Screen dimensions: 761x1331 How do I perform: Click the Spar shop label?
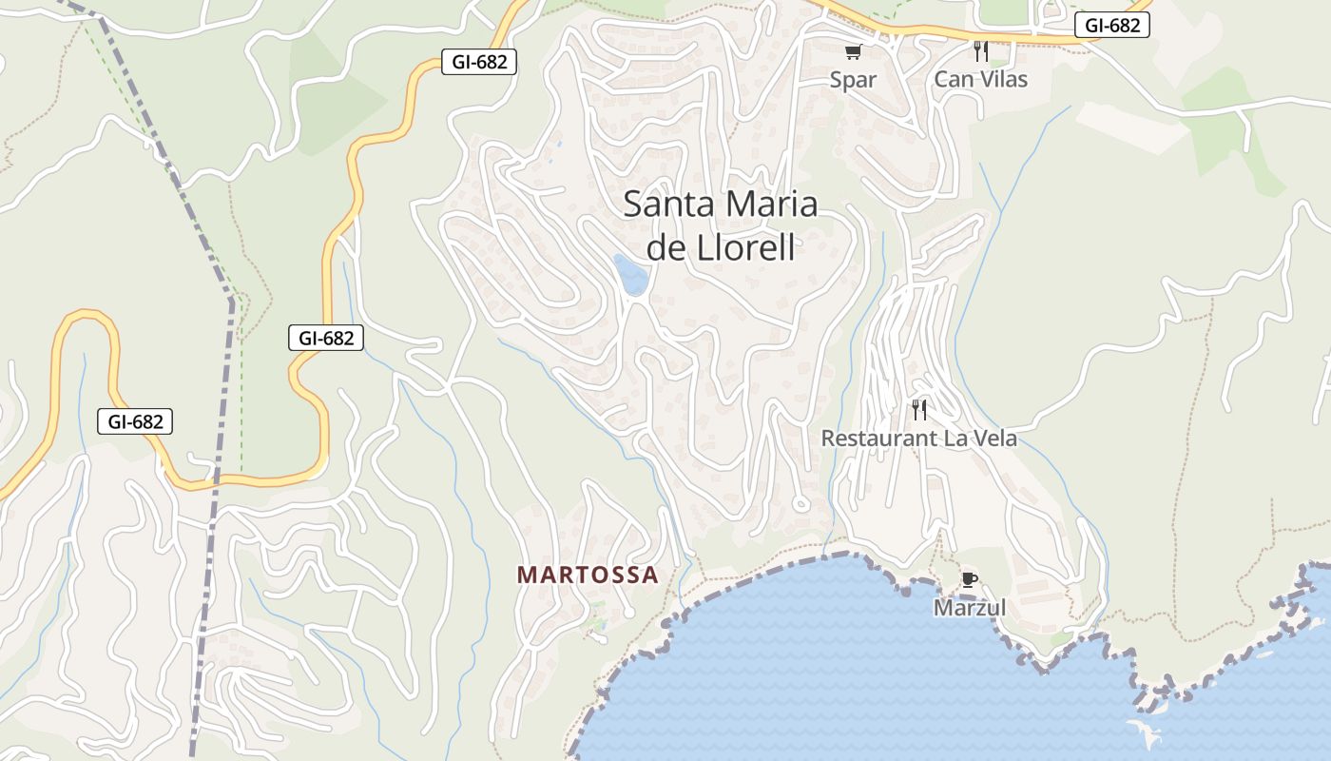[853, 80]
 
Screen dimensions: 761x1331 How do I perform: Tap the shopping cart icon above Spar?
[853, 51]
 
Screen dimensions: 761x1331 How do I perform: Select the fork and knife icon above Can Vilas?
[981, 51]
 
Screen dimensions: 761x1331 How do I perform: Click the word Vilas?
[998, 79]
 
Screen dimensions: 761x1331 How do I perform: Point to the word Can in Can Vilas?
[952, 79]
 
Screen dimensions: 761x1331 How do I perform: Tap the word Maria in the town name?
[771, 205]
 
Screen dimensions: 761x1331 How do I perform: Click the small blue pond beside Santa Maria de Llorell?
[630, 274]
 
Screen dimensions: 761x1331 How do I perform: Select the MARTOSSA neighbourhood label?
[588, 575]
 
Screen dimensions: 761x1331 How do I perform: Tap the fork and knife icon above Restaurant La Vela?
[919, 410]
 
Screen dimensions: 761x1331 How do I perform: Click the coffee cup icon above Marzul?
[969, 579]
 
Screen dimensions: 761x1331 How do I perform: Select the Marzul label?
[969, 607]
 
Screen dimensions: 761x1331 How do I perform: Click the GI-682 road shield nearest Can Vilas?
[1111, 26]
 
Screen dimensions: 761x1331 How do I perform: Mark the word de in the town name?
[668, 247]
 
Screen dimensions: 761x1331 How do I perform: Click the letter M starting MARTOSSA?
[527, 575]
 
